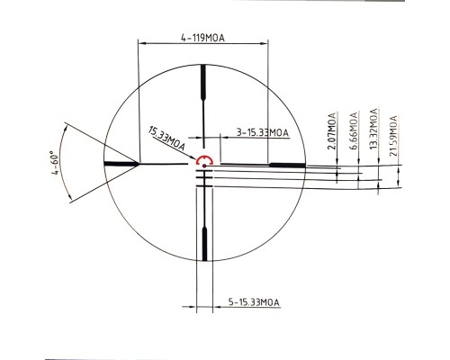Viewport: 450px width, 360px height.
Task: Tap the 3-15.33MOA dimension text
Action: tap(261, 131)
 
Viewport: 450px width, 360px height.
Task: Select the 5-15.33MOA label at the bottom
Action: tap(254, 301)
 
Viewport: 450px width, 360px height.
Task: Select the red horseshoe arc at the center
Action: tap(204, 159)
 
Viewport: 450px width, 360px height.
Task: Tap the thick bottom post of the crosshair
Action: tap(204, 244)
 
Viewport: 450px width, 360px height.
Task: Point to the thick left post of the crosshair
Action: tap(121, 164)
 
